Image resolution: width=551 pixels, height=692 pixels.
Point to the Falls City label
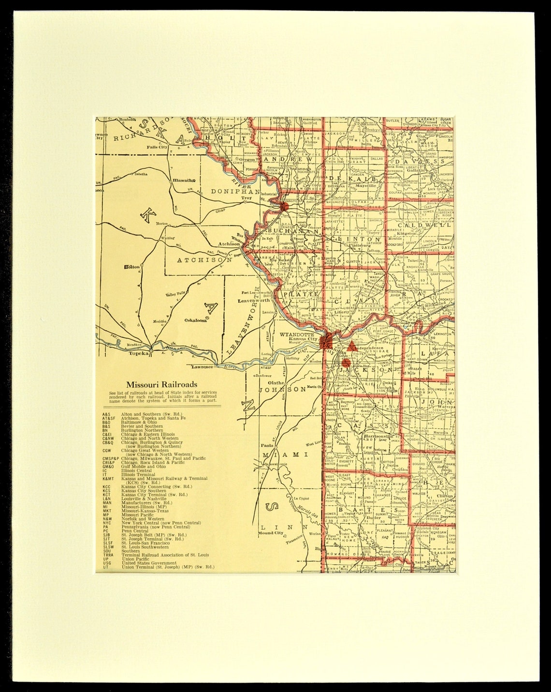pos(157,147)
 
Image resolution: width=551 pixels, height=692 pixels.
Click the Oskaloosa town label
pos(196,320)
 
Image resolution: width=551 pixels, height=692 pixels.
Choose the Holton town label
pos(131,266)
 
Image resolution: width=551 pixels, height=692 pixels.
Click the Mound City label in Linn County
pos(270,533)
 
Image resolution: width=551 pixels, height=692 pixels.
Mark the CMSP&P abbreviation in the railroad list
pos(111,458)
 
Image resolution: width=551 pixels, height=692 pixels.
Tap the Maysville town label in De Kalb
pos(366,185)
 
